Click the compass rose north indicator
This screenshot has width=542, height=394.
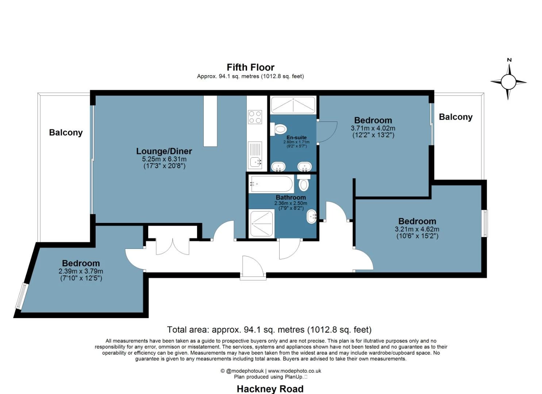[x=508, y=82]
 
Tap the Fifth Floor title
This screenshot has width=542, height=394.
[x=250, y=67]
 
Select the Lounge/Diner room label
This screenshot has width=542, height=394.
[x=164, y=151]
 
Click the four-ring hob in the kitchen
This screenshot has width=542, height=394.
[x=255, y=117]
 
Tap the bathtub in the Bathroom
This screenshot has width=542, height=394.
[x=271, y=184]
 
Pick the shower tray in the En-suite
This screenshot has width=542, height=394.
[x=293, y=105]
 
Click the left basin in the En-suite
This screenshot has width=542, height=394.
[x=278, y=167]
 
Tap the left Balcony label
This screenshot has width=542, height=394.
[x=66, y=132]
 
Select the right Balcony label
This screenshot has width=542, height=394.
[x=455, y=117]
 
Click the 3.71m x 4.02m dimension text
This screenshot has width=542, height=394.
[x=373, y=128]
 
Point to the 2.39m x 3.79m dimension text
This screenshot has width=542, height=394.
[x=81, y=271]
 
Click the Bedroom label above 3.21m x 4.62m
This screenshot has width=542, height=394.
[x=417, y=221]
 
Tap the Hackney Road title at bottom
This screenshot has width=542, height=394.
[x=270, y=389]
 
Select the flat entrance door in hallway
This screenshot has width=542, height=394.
[x=253, y=266]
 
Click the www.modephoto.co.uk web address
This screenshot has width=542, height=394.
[x=295, y=371]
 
